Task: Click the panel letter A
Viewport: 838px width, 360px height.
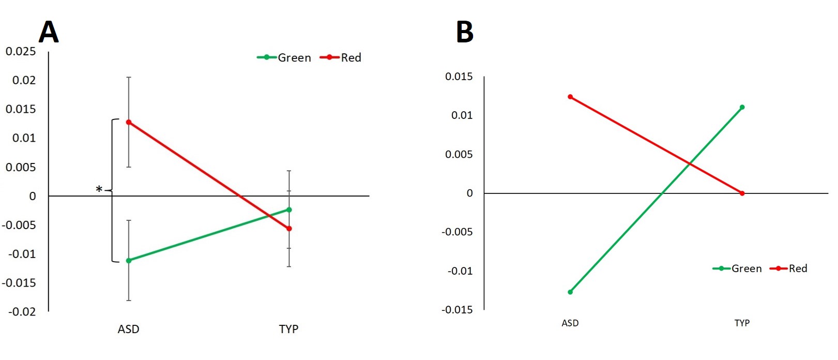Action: (x=49, y=32)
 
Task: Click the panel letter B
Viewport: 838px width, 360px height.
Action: (x=464, y=32)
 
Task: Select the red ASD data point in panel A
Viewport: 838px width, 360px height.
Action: (x=129, y=122)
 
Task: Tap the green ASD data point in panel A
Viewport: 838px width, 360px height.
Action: (x=129, y=261)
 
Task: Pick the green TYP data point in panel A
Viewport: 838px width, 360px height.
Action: (x=289, y=209)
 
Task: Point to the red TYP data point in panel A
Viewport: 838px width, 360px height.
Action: (x=289, y=229)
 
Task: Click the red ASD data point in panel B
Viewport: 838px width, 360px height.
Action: (x=570, y=97)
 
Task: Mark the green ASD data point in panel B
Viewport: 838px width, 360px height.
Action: (x=570, y=292)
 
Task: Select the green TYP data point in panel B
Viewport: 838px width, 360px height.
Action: (x=742, y=107)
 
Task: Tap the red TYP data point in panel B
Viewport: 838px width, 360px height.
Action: (x=742, y=193)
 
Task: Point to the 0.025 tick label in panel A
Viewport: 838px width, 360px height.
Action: (x=21, y=51)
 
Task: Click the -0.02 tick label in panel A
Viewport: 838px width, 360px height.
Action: (x=22, y=311)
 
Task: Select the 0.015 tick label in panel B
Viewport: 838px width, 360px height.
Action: (x=459, y=77)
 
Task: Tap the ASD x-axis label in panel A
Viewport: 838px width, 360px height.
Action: (x=129, y=329)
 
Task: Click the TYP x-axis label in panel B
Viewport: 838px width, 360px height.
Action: (x=742, y=323)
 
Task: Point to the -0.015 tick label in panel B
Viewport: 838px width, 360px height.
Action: (x=457, y=310)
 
